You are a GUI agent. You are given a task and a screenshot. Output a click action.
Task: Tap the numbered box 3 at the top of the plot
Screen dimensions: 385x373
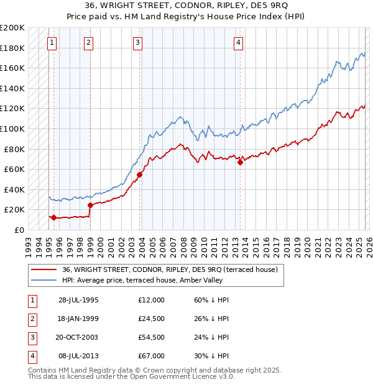(137, 43)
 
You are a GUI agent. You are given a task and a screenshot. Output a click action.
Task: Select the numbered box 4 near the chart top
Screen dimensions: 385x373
(238, 43)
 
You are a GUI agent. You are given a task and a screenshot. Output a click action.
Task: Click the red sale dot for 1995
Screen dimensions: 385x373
(54, 218)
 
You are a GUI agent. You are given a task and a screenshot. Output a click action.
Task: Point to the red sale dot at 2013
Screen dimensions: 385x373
(240, 163)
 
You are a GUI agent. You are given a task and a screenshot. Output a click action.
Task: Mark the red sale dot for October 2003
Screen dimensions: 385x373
(139, 175)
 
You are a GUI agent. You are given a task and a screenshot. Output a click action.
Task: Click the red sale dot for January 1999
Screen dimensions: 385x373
(90, 205)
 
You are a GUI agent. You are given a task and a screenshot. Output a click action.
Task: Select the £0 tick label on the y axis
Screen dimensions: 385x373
(19, 230)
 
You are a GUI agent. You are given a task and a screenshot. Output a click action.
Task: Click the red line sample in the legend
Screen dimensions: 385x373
(44, 269)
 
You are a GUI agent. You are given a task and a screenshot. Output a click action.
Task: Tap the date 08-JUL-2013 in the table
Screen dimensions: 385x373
(78, 356)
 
